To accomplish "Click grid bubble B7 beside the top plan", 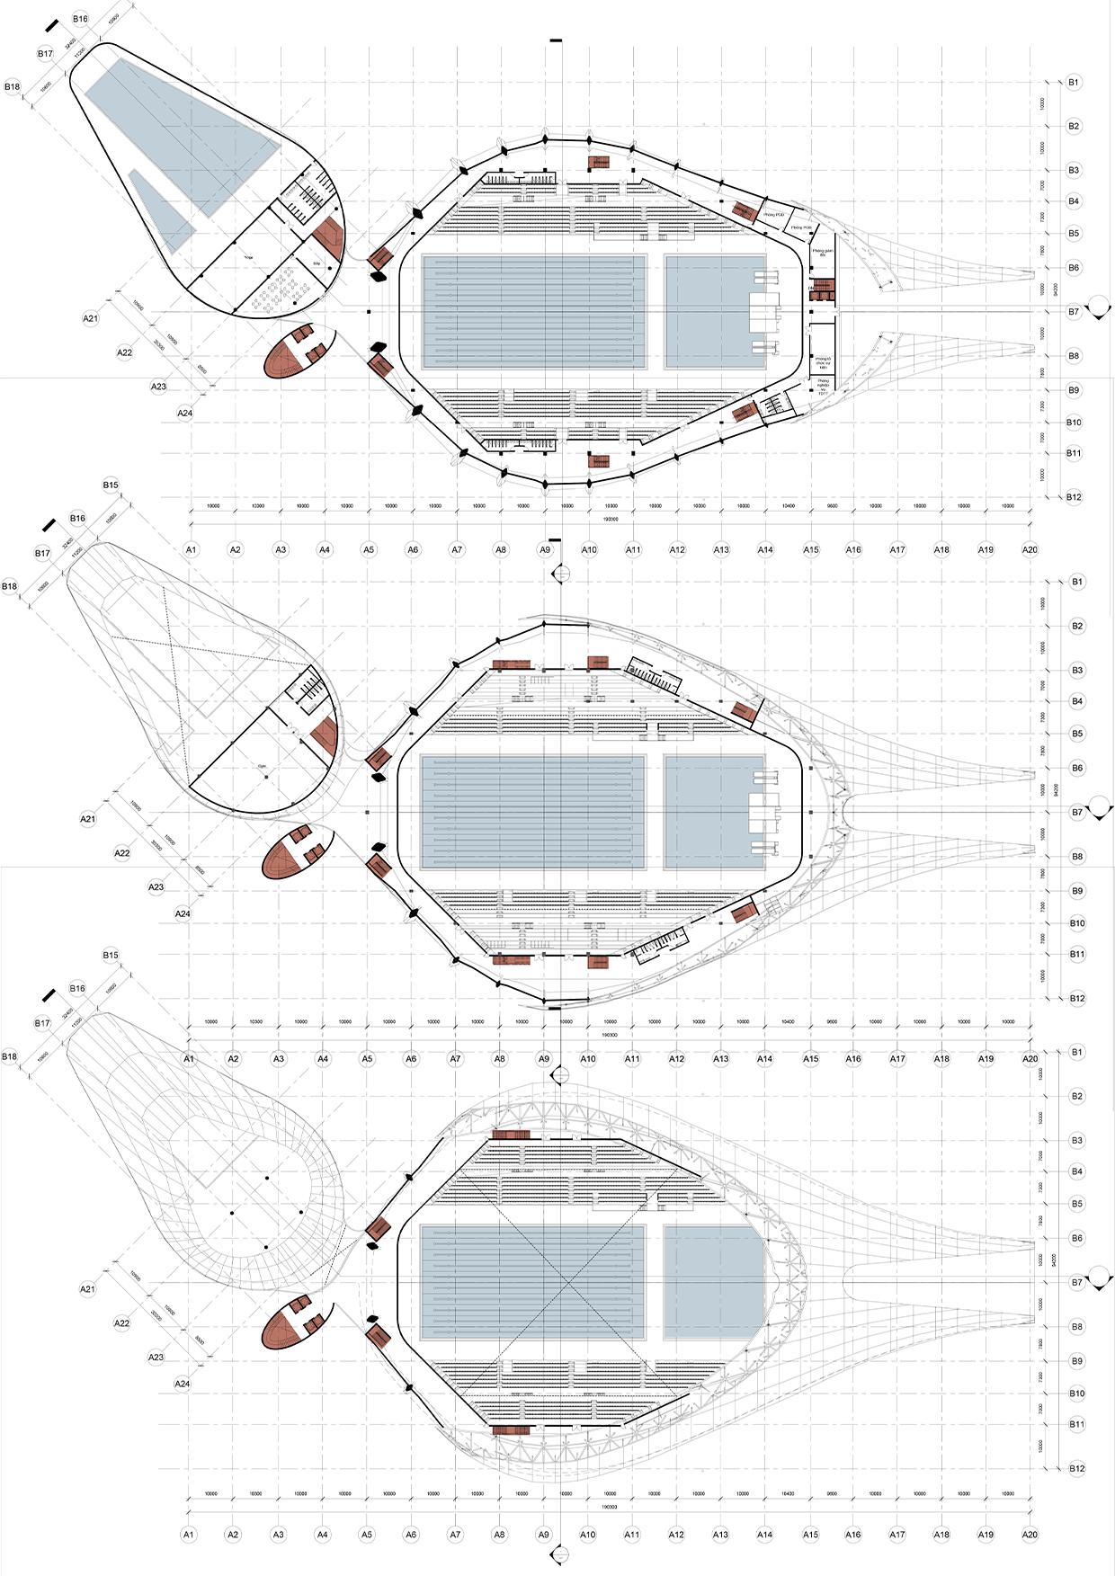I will click(x=1074, y=312).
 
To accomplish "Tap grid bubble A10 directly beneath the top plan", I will click(x=589, y=549).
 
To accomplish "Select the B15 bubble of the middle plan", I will click(x=111, y=485).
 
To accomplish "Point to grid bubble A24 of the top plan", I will click(x=184, y=413).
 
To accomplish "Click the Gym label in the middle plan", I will click(x=263, y=766).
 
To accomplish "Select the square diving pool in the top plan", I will click(x=716, y=312).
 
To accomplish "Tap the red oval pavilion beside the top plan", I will click(x=297, y=350).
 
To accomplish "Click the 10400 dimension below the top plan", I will click(x=788, y=506).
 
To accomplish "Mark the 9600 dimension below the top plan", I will click(x=832, y=506).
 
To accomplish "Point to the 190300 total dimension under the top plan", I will click(x=610, y=519).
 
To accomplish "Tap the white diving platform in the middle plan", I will click(x=763, y=812).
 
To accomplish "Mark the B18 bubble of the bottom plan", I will click(x=12, y=1055).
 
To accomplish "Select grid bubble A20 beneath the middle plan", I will click(x=1030, y=1059).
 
